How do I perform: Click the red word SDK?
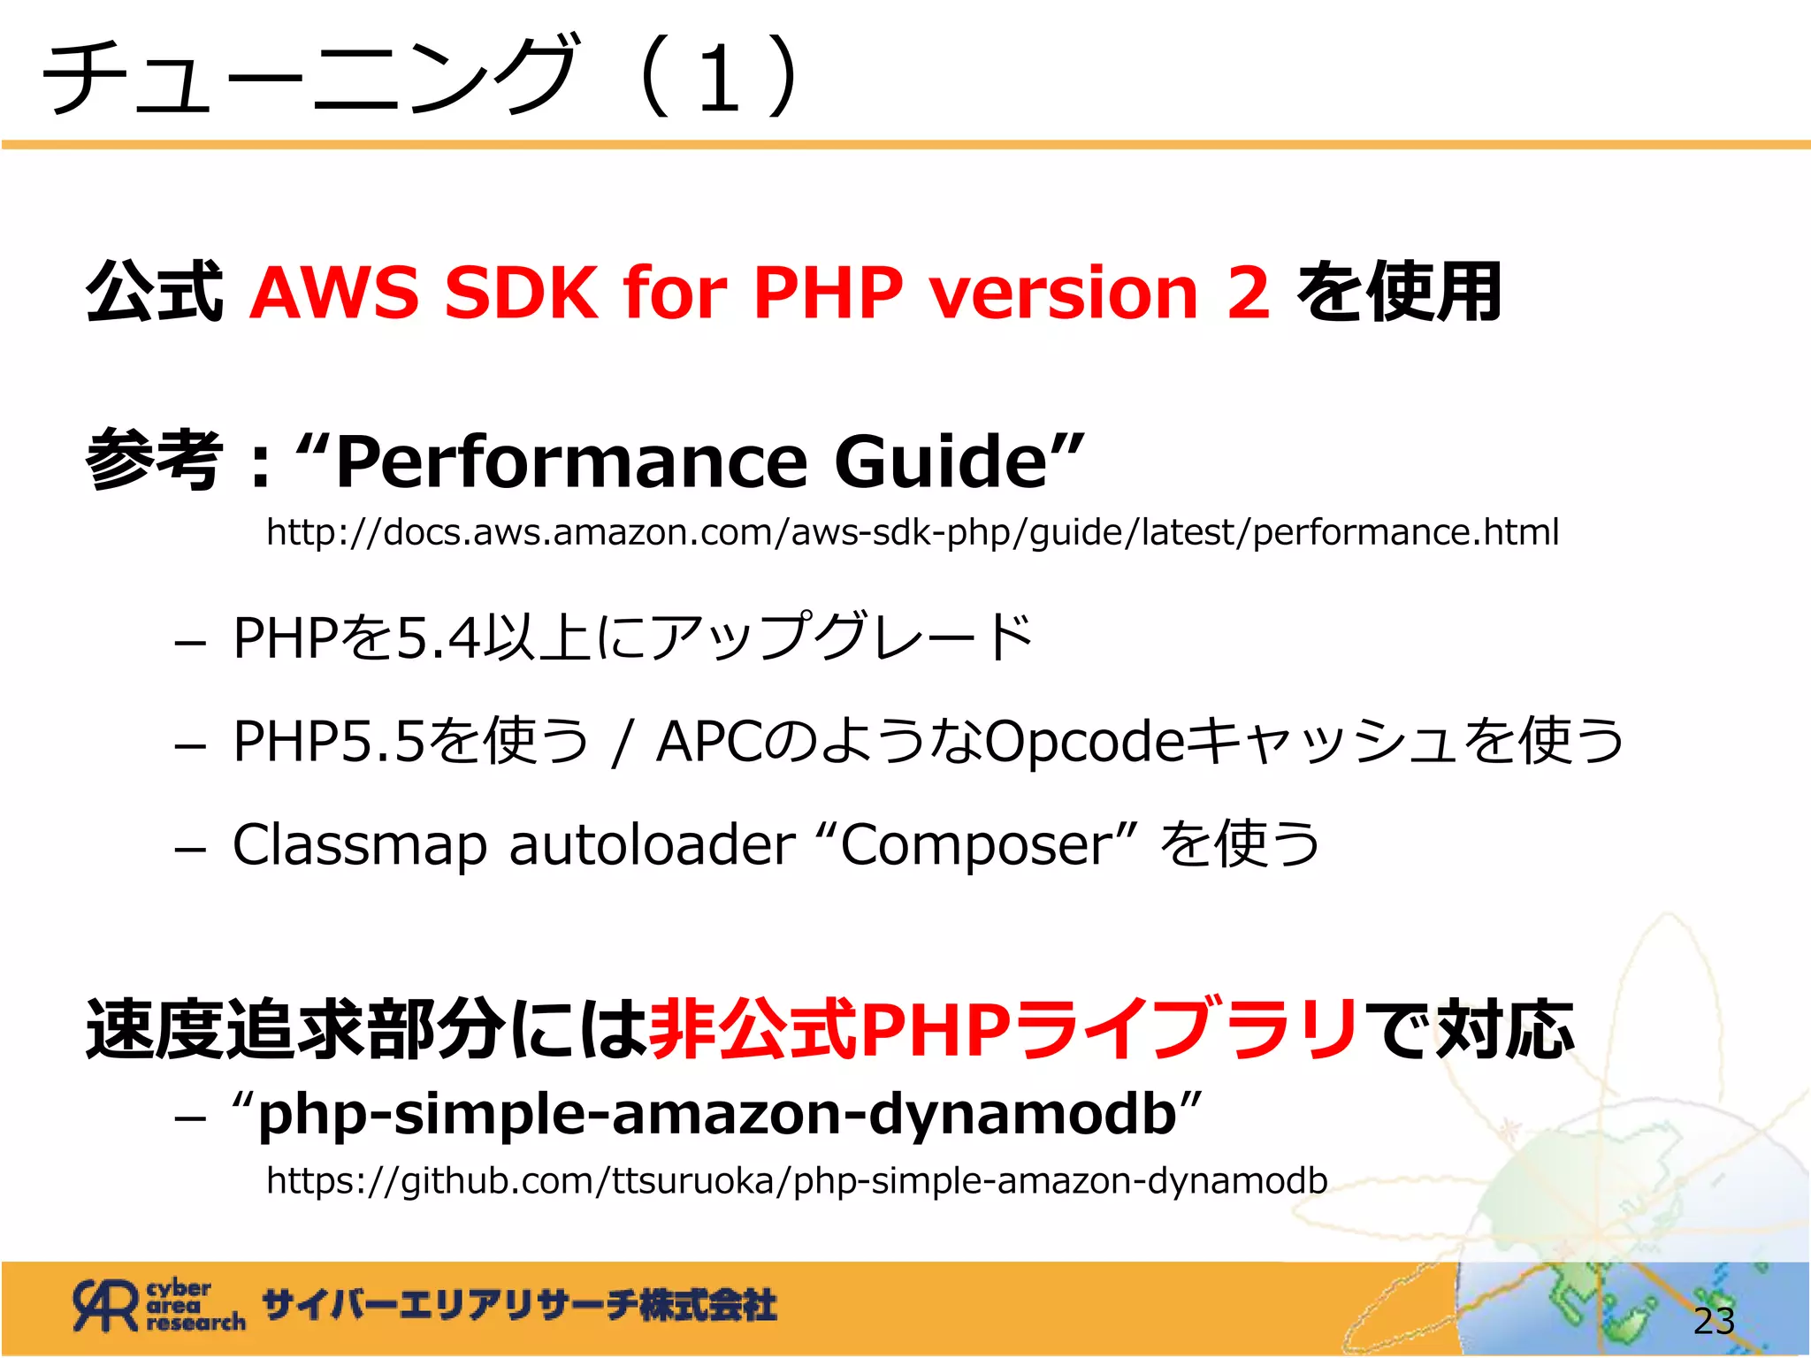[x=522, y=293]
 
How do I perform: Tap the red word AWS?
[x=334, y=293]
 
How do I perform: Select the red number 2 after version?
[x=1248, y=293]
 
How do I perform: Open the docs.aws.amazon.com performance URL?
[x=912, y=532]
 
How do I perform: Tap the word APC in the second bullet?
[x=707, y=741]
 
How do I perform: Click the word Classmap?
[x=359, y=845]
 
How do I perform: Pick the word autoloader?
[x=652, y=845]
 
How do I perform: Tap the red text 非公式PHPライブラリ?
[x=1005, y=1029]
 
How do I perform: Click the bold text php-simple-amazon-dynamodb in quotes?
[x=716, y=1114]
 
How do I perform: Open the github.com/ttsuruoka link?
[x=797, y=1181]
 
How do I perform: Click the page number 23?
[x=1714, y=1321]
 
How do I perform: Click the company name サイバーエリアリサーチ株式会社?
[x=519, y=1306]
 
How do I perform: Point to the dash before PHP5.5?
[x=190, y=745]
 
